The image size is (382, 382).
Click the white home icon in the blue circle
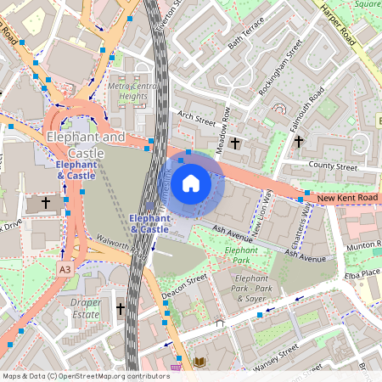point(191,183)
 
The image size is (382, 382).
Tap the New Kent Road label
point(346,198)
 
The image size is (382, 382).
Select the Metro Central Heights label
point(127,91)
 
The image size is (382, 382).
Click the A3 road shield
point(65,268)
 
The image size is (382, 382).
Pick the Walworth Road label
point(121,246)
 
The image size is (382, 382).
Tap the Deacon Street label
point(184,288)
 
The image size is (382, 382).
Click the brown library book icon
point(199,362)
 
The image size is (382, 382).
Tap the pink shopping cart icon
point(177,368)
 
